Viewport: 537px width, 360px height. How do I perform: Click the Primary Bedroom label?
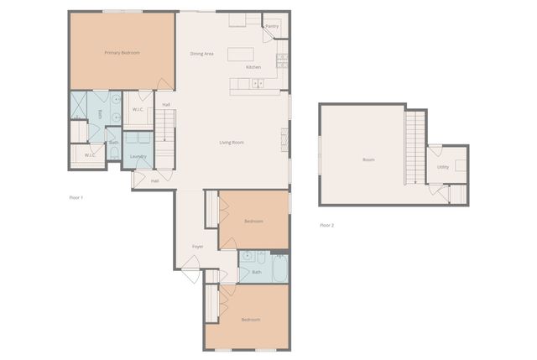(122, 53)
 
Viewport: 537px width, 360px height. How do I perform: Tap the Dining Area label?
(201, 54)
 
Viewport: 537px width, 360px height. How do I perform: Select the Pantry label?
(272, 26)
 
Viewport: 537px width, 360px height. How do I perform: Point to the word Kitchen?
(253, 66)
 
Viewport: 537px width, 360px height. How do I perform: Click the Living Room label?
(232, 143)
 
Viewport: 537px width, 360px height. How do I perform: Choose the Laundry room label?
(138, 156)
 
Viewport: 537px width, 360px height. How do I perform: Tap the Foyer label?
(198, 246)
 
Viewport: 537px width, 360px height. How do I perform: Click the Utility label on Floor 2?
(442, 167)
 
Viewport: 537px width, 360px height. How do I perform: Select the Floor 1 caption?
(76, 197)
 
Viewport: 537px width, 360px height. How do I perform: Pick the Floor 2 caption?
(326, 225)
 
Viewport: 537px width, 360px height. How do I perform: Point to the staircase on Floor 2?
(415, 148)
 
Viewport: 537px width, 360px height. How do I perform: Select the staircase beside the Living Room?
(167, 126)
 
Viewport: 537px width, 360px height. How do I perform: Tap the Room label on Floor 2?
(368, 159)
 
